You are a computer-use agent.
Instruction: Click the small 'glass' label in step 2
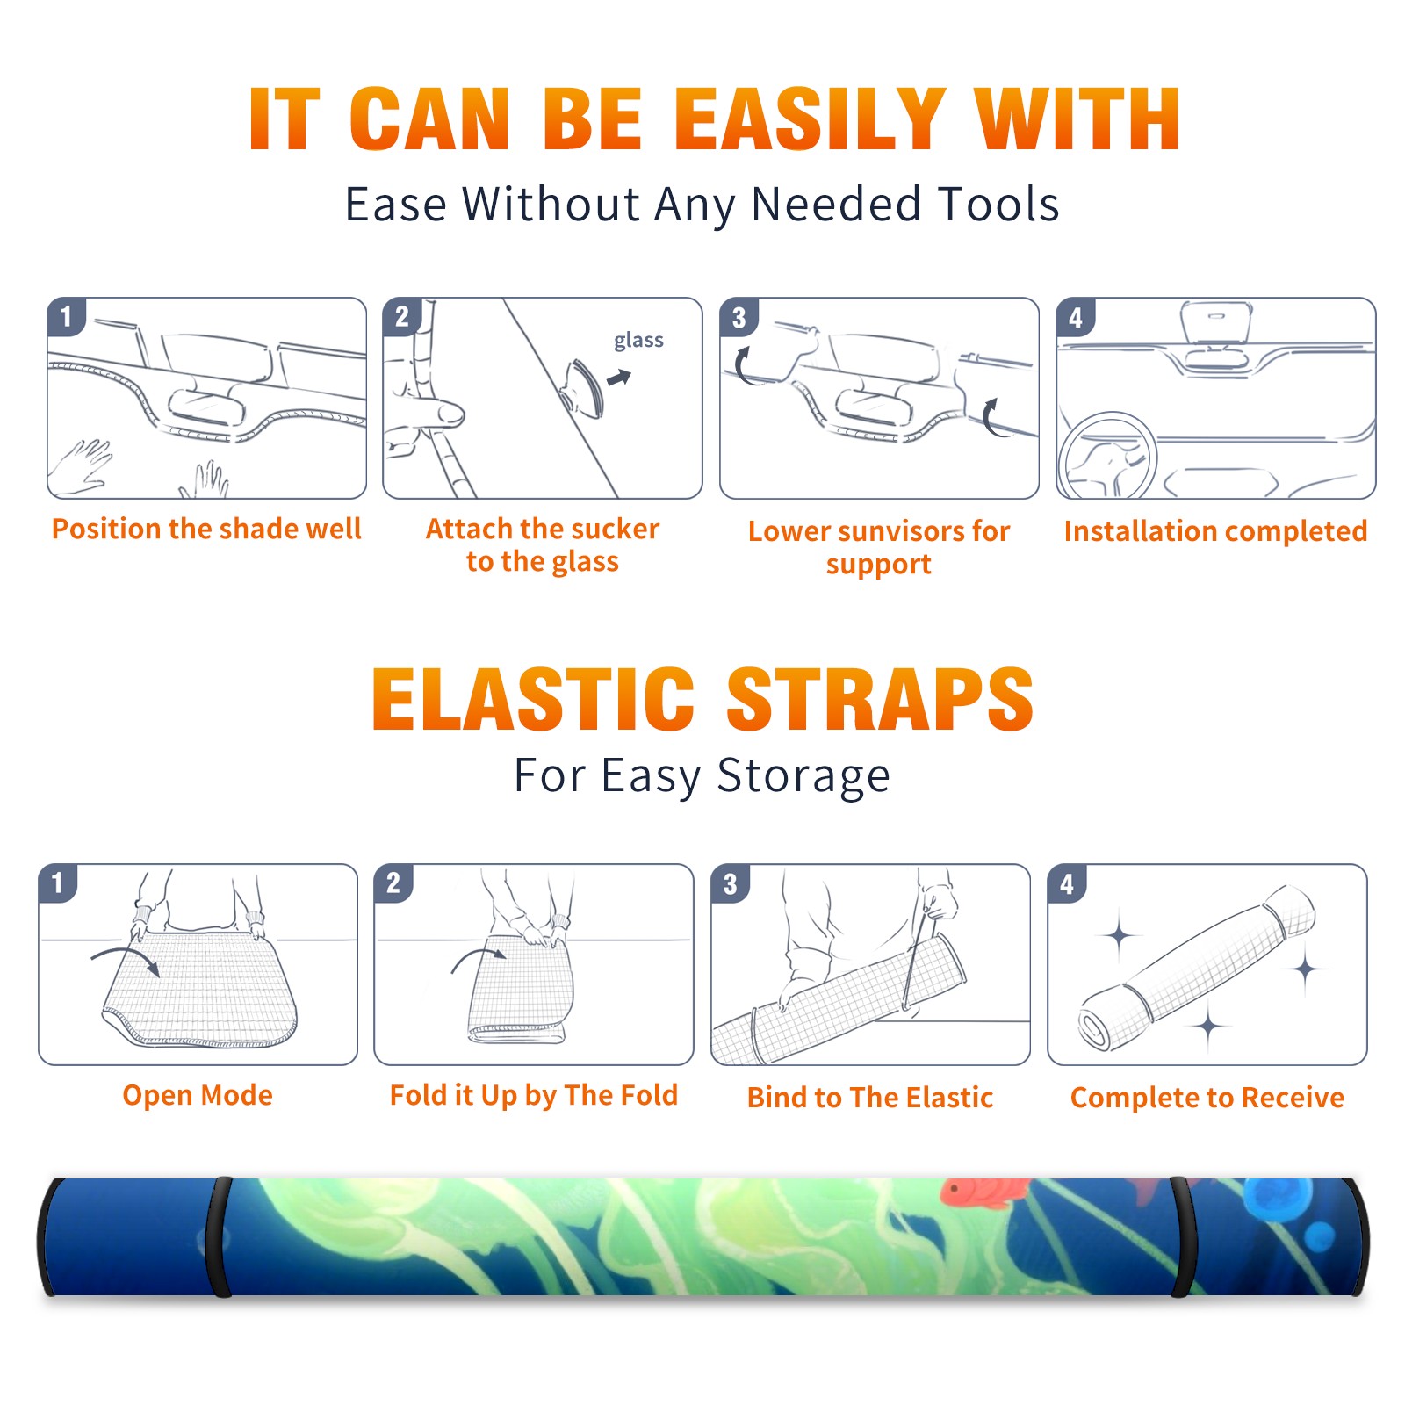[638, 340]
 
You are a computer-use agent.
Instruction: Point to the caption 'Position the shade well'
[206, 529]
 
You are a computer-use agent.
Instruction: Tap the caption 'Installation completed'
[1215, 530]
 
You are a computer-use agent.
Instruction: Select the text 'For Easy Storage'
[702, 775]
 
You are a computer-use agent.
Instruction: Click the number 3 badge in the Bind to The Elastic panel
[731, 884]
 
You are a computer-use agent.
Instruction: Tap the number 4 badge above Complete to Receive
[1067, 884]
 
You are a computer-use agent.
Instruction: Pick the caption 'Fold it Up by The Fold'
[534, 1095]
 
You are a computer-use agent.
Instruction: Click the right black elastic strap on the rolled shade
[1182, 1236]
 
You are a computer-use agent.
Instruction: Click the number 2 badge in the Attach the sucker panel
[402, 316]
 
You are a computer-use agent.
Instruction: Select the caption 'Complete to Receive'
[1207, 1098]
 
